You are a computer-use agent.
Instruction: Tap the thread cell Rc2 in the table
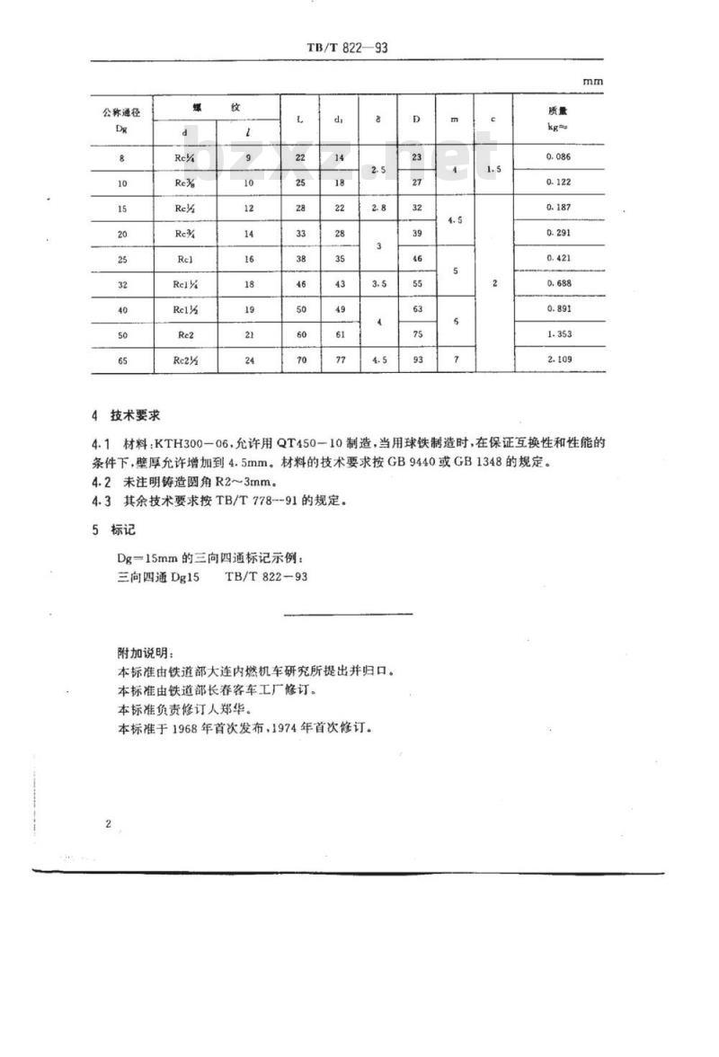[185, 334]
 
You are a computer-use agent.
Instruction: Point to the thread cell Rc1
[185, 259]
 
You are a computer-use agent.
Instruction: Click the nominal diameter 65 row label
[120, 360]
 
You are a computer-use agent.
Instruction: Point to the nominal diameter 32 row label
[120, 284]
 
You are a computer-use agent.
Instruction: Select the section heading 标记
[122, 529]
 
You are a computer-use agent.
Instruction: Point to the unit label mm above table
[592, 81]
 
